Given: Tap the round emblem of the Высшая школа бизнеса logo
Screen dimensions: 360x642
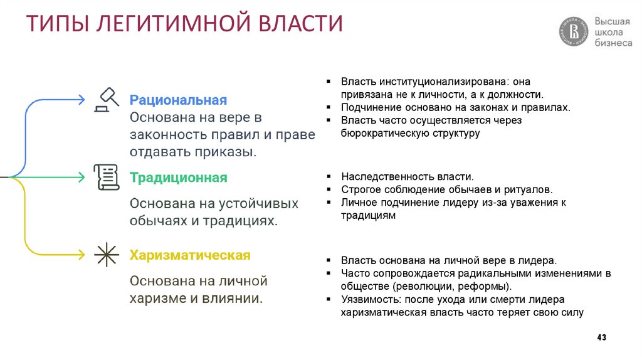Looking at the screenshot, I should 574,31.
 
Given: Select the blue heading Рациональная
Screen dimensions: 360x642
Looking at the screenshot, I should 177,100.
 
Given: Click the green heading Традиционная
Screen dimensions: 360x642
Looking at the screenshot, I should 178,177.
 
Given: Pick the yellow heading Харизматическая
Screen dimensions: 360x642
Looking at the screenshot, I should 190,255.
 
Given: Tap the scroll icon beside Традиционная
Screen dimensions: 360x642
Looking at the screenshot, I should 107,177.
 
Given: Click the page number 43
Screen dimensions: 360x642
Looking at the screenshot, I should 601,338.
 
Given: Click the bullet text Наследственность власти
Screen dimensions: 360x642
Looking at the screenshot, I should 407,177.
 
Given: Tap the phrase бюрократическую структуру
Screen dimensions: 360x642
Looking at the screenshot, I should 410,133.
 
